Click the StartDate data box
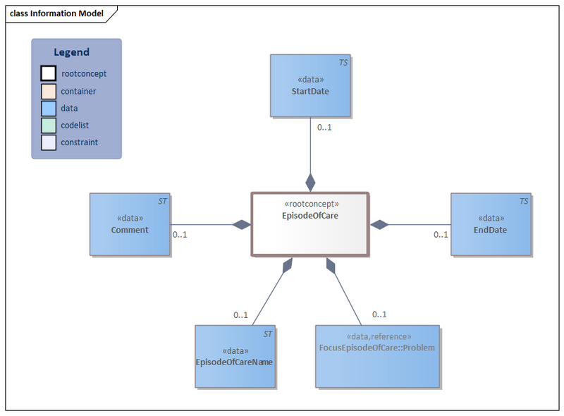click(x=310, y=85)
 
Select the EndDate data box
click(x=491, y=224)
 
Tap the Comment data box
click(x=130, y=224)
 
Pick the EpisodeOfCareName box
click(x=235, y=356)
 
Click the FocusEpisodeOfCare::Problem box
click(x=377, y=356)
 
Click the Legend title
click(x=72, y=52)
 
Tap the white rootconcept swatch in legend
click(x=48, y=73)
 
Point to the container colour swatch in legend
click(x=48, y=91)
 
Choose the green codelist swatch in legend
click(x=48, y=126)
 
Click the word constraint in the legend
click(x=79, y=142)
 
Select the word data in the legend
click(x=69, y=109)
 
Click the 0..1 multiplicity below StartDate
click(x=324, y=128)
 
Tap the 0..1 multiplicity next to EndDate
click(x=441, y=235)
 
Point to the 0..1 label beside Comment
click(x=180, y=235)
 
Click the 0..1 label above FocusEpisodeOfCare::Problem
click(x=379, y=314)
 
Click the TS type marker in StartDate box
click(x=343, y=63)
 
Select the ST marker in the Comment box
click(x=162, y=201)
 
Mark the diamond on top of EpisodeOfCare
click(x=310, y=182)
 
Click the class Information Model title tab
click(x=56, y=13)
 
